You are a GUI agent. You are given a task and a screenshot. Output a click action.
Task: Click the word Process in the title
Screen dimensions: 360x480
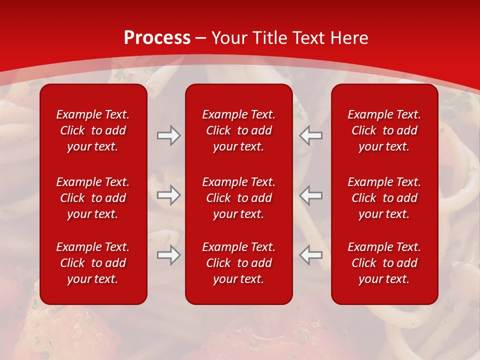pyautogui.click(x=157, y=38)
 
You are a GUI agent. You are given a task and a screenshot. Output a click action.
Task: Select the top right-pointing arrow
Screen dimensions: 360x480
pyautogui.click(x=168, y=135)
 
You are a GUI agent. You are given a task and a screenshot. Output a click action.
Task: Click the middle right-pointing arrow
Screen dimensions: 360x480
pyautogui.click(x=168, y=195)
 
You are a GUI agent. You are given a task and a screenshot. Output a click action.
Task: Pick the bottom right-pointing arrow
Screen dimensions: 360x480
pyautogui.click(x=168, y=255)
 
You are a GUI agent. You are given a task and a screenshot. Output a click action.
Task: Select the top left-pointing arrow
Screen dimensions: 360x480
pyautogui.click(x=311, y=135)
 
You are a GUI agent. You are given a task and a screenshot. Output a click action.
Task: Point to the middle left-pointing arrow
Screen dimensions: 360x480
pyautogui.click(x=311, y=195)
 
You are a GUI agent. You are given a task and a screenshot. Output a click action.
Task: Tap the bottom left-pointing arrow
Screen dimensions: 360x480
pyautogui.click(x=311, y=255)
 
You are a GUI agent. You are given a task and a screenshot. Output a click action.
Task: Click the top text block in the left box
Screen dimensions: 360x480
pyautogui.click(x=93, y=130)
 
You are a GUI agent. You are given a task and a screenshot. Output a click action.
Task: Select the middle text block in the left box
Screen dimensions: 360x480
pyautogui.click(x=93, y=198)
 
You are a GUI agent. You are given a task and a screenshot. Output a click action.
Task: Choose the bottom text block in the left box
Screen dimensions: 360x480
pyautogui.click(x=93, y=263)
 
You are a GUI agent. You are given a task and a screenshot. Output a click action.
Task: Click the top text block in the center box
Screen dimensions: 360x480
pyautogui.click(x=239, y=130)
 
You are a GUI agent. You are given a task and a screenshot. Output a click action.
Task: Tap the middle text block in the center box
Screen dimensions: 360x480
pyautogui.click(x=239, y=198)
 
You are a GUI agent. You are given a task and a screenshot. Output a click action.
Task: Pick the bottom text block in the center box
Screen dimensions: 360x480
pyautogui.click(x=239, y=263)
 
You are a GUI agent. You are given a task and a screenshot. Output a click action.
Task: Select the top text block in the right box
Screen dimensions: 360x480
pyautogui.click(x=384, y=130)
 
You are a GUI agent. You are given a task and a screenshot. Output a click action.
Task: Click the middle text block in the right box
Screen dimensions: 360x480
pyautogui.click(x=384, y=198)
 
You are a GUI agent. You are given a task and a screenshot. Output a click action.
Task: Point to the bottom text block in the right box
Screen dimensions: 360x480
pyautogui.click(x=384, y=263)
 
